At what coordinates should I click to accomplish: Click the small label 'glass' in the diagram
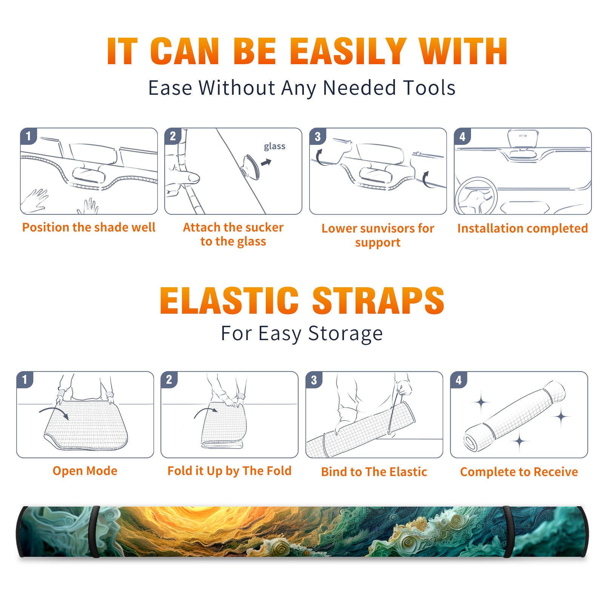(274, 146)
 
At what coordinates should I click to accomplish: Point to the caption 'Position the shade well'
(89, 227)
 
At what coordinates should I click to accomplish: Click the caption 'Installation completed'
(522, 228)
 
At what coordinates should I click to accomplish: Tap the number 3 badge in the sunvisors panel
(317, 137)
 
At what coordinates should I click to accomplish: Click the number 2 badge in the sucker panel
(173, 136)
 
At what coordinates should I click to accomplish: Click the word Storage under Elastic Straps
(345, 334)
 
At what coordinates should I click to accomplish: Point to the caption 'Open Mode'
(85, 471)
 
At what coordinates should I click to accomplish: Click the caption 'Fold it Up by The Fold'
(230, 471)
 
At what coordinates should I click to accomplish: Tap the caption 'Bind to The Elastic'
(374, 471)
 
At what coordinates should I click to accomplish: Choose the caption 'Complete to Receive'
(519, 471)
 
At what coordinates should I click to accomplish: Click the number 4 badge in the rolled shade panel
(459, 380)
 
